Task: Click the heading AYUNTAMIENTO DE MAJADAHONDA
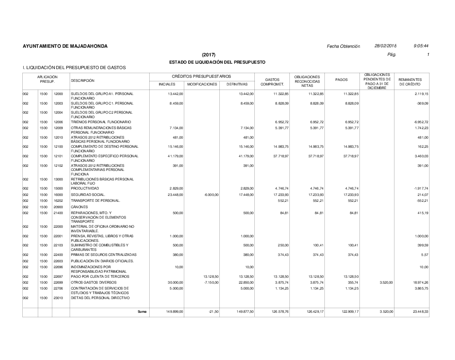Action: pos(65,46)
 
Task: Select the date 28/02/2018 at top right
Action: pos(385,46)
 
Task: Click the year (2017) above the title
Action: pos(209,55)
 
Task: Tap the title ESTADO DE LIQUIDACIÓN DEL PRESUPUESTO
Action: pos(217,62)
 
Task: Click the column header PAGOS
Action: pos(341,80)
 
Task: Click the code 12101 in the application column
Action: pos(58,156)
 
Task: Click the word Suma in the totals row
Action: pos(142,311)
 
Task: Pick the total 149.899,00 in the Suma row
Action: pos(173,311)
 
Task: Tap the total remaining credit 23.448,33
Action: pos(419,311)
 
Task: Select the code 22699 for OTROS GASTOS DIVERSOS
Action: pos(58,283)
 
